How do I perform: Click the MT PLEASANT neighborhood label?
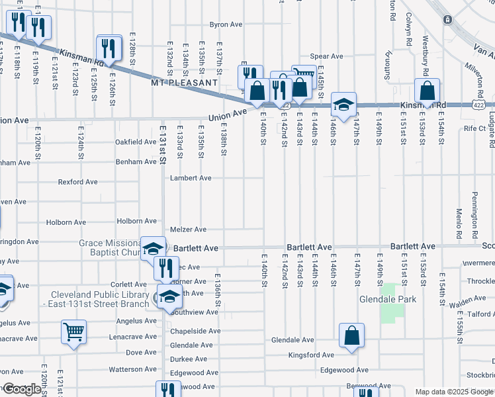(184, 83)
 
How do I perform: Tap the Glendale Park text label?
(387, 299)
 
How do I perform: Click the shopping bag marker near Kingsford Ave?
(352, 335)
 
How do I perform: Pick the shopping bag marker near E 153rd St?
(427, 91)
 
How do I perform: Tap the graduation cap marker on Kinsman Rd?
(344, 104)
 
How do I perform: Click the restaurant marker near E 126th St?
(109, 48)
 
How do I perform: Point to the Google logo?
(21, 389)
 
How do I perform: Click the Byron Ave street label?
(226, 24)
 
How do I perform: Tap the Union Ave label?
(227, 114)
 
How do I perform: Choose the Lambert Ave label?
(191, 178)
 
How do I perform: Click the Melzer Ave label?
(189, 230)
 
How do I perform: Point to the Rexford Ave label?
(77, 182)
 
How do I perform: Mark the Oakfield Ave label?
(136, 142)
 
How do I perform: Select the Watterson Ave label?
(132, 369)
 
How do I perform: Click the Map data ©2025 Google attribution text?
(453, 392)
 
